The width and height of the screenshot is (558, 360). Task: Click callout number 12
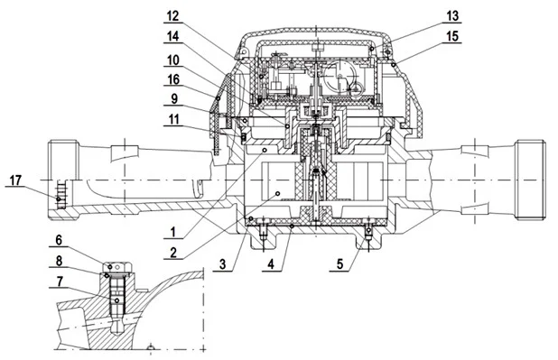(173, 16)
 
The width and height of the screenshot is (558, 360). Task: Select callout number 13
(452, 16)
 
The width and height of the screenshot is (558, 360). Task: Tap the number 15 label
(452, 36)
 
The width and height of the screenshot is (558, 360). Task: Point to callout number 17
(15, 180)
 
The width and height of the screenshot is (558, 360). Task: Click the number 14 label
(173, 36)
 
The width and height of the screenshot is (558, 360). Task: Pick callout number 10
(173, 60)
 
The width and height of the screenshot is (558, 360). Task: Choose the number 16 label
(173, 79)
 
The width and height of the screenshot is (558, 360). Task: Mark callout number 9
(174, 99)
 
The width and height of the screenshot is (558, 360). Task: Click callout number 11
(173, 119)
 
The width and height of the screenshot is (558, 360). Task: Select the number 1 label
(173, 232)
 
